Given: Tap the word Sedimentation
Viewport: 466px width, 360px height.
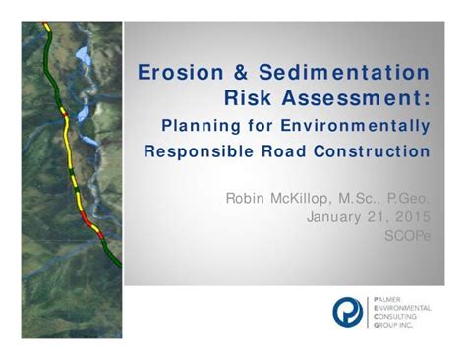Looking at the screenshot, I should click(344, 73).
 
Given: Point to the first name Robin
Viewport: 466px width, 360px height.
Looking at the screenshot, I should click(245, 198).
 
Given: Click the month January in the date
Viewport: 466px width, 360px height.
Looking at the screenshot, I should click(340, 217).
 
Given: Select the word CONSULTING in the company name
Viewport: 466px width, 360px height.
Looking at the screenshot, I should click(398, 315).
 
